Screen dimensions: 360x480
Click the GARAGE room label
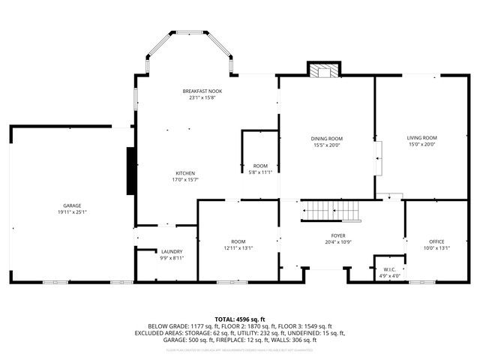pyautogui.click(x=72, y=205)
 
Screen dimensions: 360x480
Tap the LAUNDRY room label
pyautogui.click(x=172, y=252)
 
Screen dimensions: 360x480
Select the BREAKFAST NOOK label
pyautogui.click(x=202, y=91)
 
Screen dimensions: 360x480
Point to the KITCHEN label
pyautogui.click(x=185, y=173)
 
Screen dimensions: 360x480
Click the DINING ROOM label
pyautogui.click(x=327, y=139)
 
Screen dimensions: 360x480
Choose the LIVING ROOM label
pyautogui.click(x=421, y=138)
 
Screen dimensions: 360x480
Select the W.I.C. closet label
pyautogui.click(x=388, y=270)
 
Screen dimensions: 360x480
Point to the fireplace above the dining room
pyautogui.click(x=325, y=70)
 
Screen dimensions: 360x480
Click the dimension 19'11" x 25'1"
pyautogui.click(x=72, y=211)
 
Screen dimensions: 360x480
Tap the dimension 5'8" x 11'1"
pyautogui.click(x=260, y=172)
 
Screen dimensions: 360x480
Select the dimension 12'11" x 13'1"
pyautogui.click(x=238, y=248)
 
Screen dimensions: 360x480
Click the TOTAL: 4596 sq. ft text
pyautogui.click(x=239, y=319)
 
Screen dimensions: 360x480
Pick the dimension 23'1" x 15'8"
pyautogui.click(x=202, y=97)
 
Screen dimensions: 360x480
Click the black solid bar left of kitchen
pyautogui.click(x=131, y=172)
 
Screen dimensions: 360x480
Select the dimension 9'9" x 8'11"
pyautogui.click(x=172, y=258)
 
